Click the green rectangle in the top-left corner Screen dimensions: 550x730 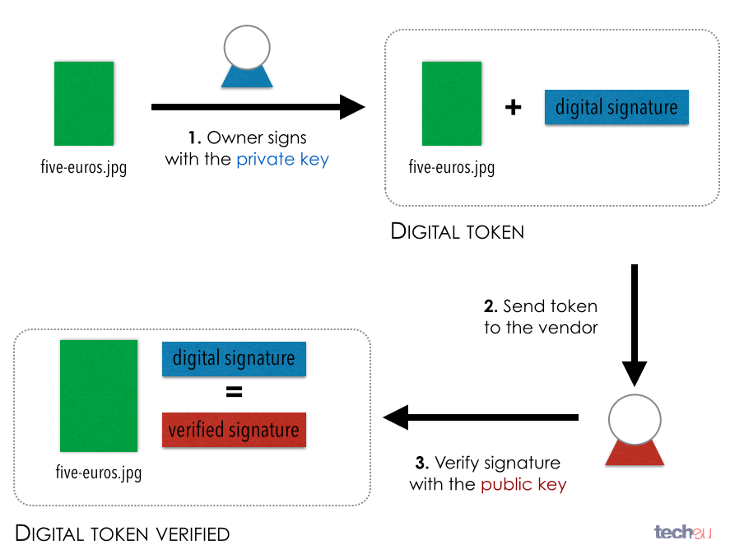click(84, 104)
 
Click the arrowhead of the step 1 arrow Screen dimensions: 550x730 click(353, 106)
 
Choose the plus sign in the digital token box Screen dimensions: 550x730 click(514, 108)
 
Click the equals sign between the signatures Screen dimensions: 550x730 click(235, 394)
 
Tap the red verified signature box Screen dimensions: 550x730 click(234, 430)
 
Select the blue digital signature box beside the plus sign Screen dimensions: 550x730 click(616, 107)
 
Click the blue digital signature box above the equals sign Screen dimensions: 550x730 click(234, 359)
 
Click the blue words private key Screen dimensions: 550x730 click(282, 160)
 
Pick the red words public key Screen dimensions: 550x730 click(523, 484)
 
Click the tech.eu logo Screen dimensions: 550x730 click(682, 532)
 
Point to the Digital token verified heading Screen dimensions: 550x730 click(123, 534)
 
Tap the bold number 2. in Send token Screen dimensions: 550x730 click(491, 306)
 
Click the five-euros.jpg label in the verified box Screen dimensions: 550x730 click(99, 473)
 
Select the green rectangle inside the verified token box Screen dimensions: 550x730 click(99, 395)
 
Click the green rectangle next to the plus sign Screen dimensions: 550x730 click(452, 104)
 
